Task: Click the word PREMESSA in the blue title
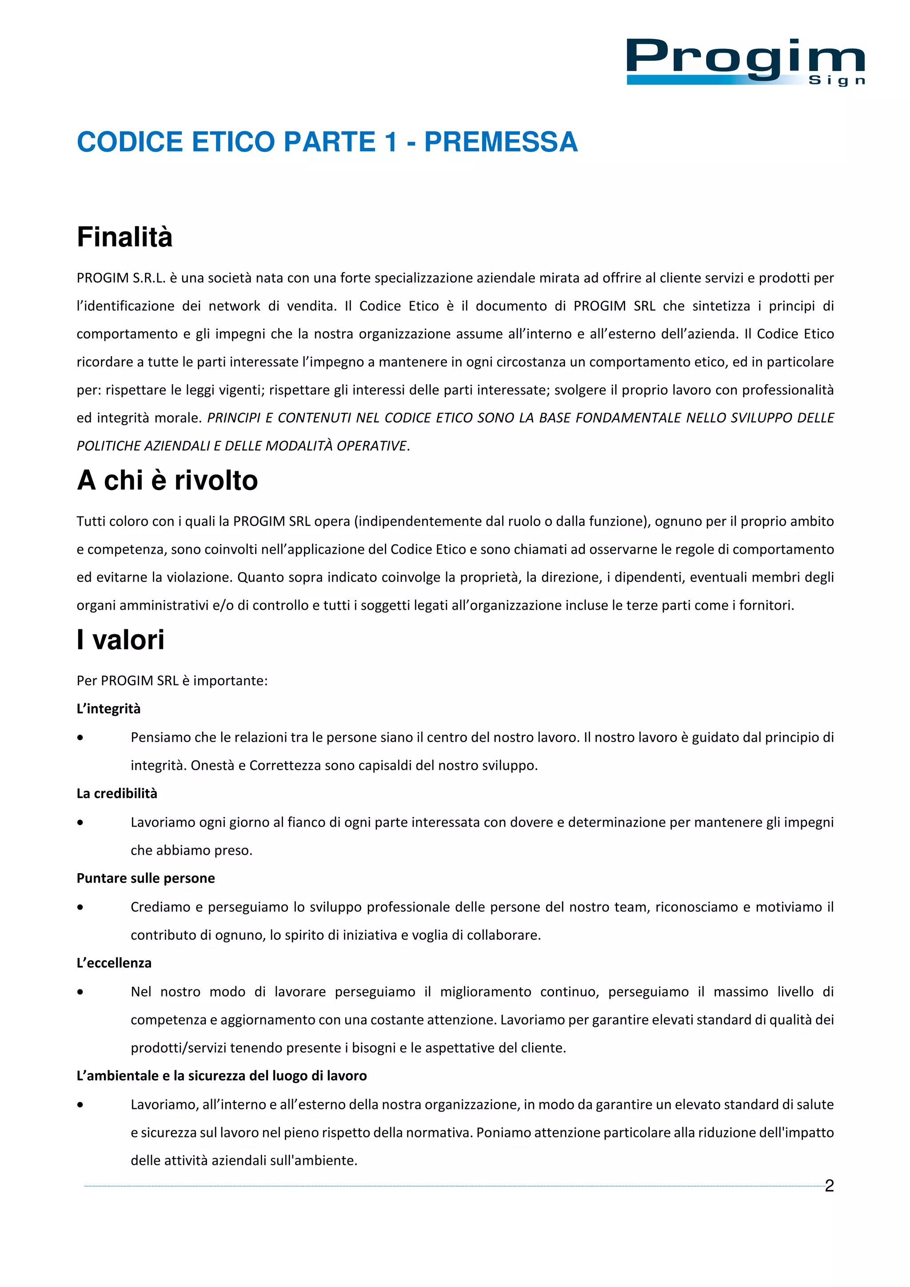(x=500, y=142)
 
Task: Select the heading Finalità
(x=124, y=237)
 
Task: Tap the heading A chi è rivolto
(x=167, y=481)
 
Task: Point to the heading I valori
(x=120, y=640)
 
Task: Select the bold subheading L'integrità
(x=109, y=708)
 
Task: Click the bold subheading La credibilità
(x=116, y=793)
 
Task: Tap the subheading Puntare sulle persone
(x=145, y=878)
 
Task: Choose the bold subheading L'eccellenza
(x=114, y=962)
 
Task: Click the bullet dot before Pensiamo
(x=81, y=738)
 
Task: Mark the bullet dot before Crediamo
(x=81, y=907)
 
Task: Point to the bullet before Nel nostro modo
(x=81, y=992)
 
